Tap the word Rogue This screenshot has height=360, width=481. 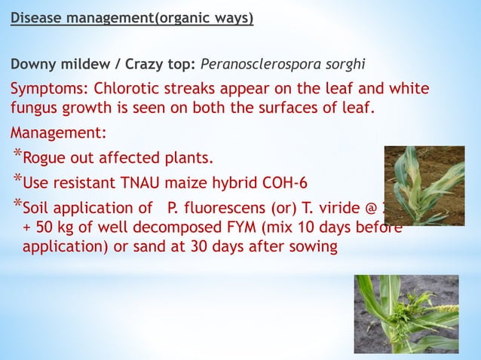pos(47,158)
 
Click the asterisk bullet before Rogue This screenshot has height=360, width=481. pos(17,155)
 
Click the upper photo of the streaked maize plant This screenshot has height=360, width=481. pos(424,185)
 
